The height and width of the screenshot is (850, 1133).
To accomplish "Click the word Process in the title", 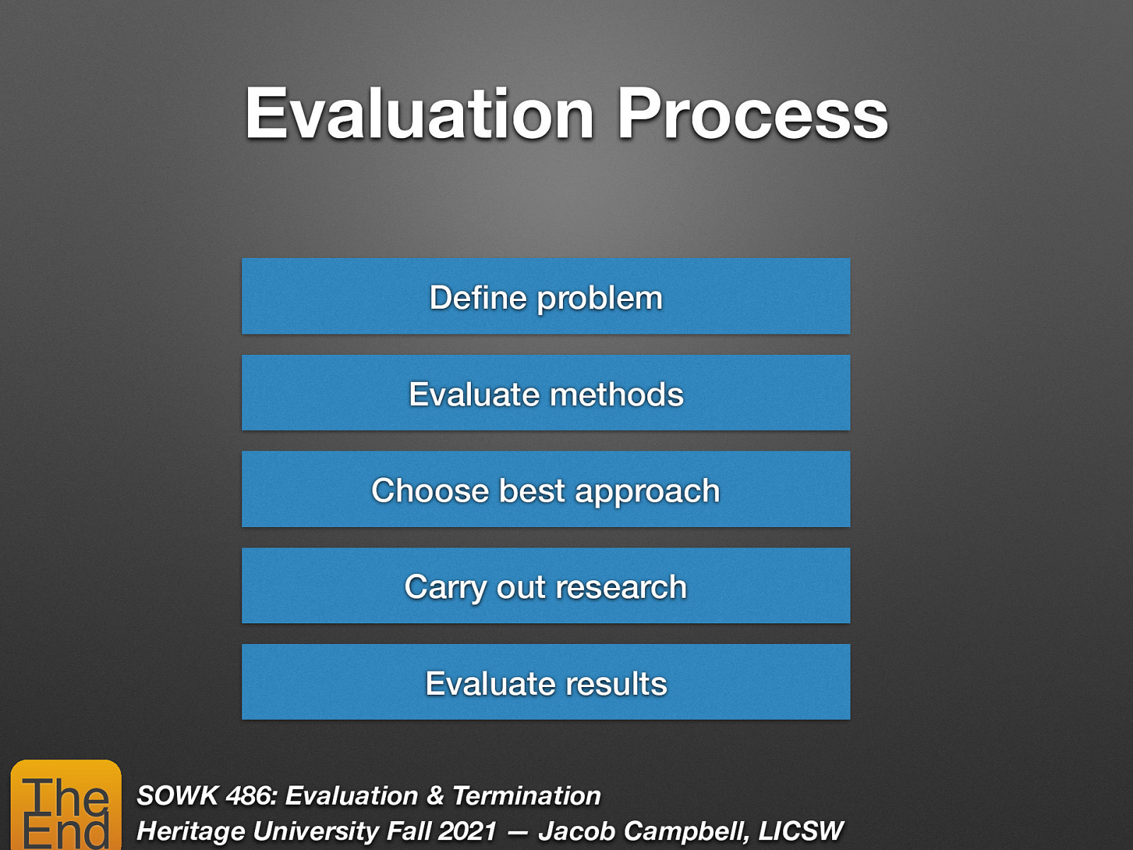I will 752,115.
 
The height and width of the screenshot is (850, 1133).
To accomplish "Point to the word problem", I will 600,299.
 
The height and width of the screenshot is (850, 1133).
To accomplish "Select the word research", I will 621,587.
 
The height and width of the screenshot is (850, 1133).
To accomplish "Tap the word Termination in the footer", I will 526,795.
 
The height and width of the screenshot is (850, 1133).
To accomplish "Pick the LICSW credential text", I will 801,831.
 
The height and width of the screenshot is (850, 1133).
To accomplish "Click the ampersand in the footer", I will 435,795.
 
